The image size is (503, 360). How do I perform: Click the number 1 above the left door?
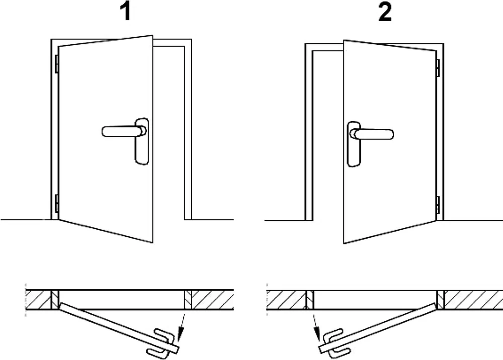tap(126, 12)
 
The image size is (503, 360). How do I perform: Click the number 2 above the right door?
tap(385, 12)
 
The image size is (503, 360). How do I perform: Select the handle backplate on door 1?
tap(142, 141)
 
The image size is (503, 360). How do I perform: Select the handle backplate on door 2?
tap(354, 144)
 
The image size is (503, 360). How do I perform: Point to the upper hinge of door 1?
tap(56, 64)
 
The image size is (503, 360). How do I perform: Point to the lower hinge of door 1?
tap(56, 203)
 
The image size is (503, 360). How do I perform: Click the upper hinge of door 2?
tap(438, 68)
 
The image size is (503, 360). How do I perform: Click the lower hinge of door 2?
tap(438, 205)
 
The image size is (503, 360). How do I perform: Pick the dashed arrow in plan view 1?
tap(182, 327)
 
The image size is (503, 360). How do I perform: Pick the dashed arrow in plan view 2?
tap(316, 328)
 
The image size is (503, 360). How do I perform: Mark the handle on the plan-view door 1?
tap(161, 343)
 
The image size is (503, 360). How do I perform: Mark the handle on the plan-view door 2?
tap(335, 343)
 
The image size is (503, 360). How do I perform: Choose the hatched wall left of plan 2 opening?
tap(286, 300)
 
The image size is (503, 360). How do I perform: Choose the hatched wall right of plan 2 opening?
tap(473, 300)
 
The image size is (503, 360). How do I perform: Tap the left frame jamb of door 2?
tap(309, 135)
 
